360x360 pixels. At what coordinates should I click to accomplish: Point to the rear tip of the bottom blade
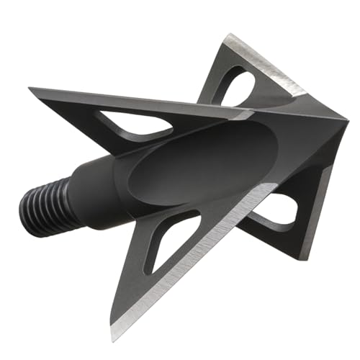point(116,338)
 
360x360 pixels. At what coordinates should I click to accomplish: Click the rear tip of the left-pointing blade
point(31,89)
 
